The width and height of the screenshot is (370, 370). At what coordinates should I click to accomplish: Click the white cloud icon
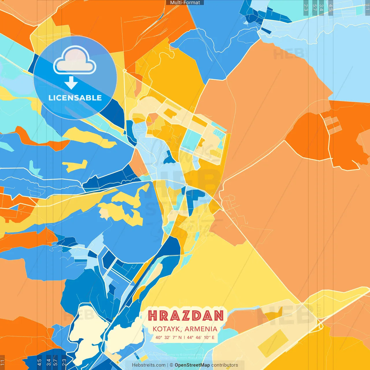pyautogui.click(x=75, y=60)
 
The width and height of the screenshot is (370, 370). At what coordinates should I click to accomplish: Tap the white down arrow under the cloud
pyautogui.click(x=71, y=83)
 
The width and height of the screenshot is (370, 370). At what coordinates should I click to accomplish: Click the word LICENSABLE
pyautogui.click(x=75, y=98)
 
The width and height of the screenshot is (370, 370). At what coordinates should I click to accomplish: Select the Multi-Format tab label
pyautogui.click(x=185, y=3)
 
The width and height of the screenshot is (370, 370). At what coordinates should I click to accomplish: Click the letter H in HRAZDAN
pyautogui.click(x=152, y=316)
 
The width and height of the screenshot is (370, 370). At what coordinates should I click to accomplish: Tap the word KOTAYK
pyautogui.click(x=167, y=329)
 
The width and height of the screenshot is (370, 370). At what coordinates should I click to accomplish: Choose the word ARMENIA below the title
pyautogui.click(x=201, y=329)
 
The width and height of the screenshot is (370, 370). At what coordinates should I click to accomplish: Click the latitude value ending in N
pyautogui.click(x=169, y=337)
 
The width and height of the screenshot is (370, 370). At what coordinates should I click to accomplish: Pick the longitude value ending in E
pyautogui.click(x=201, y=337)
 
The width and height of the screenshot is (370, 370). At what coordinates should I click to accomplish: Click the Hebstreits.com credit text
pyautogui.click(x=149, y=365)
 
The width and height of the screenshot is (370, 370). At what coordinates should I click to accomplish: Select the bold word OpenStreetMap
pyautogui.click(x=192, y=365)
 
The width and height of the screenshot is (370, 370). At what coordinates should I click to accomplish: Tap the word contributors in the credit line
pyautogui.click(x=225, y=365)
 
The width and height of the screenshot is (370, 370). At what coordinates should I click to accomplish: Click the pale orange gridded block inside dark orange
pyautogui.click(x=332, y=125)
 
